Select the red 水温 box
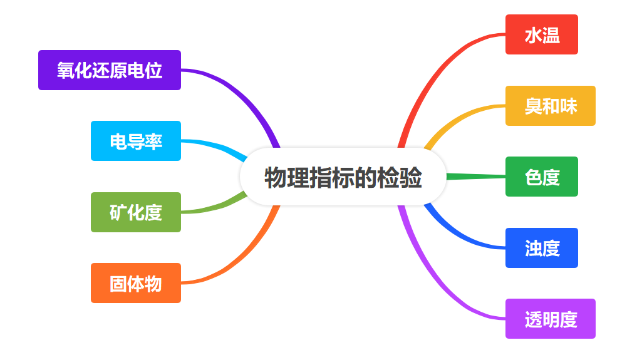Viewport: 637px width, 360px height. click(541, 34)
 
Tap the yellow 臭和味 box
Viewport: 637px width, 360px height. click(550, 106)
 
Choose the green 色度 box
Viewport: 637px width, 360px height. click(541, 177)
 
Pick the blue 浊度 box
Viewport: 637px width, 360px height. click(541, 248)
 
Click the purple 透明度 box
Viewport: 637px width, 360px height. click(550, 319)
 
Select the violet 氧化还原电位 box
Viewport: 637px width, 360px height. click(110, 70)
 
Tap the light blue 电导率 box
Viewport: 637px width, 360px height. click(136, 141)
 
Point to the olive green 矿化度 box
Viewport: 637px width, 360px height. click(136, 212)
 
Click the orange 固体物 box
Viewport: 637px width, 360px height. click(136, 283)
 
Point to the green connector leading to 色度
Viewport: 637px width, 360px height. click(476, 177)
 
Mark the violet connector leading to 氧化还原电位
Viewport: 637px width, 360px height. click(244, 94)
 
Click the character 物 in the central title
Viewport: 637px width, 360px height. click(275, 178)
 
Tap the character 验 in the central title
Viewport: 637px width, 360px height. click(412, 178)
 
